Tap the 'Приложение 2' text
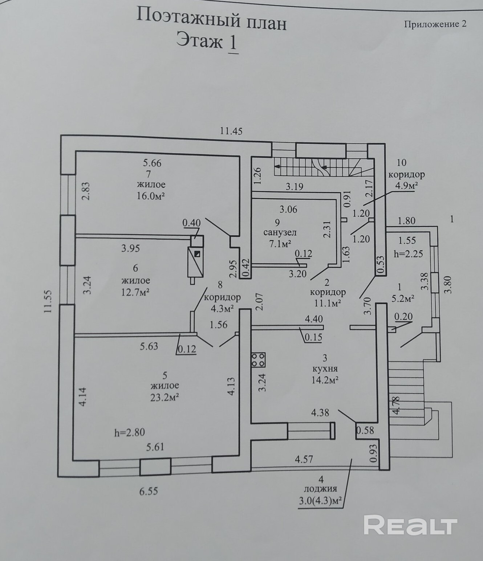[435, 24]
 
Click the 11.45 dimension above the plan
[231, 131]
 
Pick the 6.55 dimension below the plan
[149, 492]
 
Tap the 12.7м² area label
[136, 292]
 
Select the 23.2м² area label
[165, 397]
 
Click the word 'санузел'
[280, 232]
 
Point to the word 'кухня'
[325, 369]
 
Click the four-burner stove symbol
[258, 359]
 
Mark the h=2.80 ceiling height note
[130, 432]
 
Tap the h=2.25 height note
[408, 253]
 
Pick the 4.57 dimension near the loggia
[304, 459]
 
